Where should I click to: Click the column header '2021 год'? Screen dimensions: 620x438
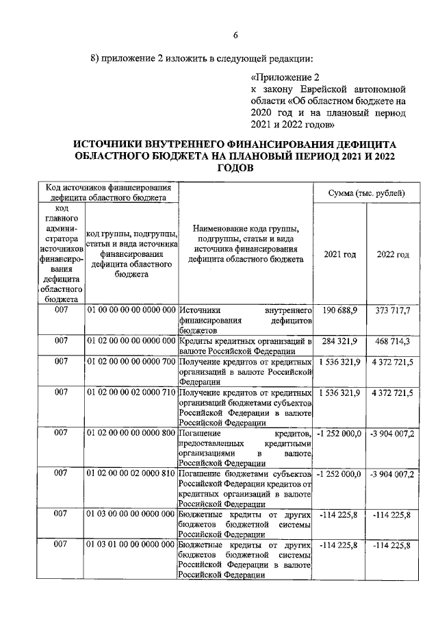tap(339, 254)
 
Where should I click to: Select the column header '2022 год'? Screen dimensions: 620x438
tap(393, 254)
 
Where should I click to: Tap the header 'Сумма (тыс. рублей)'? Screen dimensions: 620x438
tap(367, 194)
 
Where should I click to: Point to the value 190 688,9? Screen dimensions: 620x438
tap(340, 311)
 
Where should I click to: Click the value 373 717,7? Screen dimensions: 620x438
tap(392, 311)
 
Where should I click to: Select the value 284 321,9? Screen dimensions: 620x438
tap(340, 340)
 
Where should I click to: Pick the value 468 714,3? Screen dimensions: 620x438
tap(392, 340)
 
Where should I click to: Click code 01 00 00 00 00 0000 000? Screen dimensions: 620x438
tap(132, 311)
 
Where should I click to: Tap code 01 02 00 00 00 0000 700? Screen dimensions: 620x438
tap(132, 360)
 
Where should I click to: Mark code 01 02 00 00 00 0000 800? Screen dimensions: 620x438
tap(132, 433)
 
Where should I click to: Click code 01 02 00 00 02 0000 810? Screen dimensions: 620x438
tap(132, 474)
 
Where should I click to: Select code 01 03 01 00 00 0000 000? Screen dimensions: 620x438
tap(132, 545)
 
